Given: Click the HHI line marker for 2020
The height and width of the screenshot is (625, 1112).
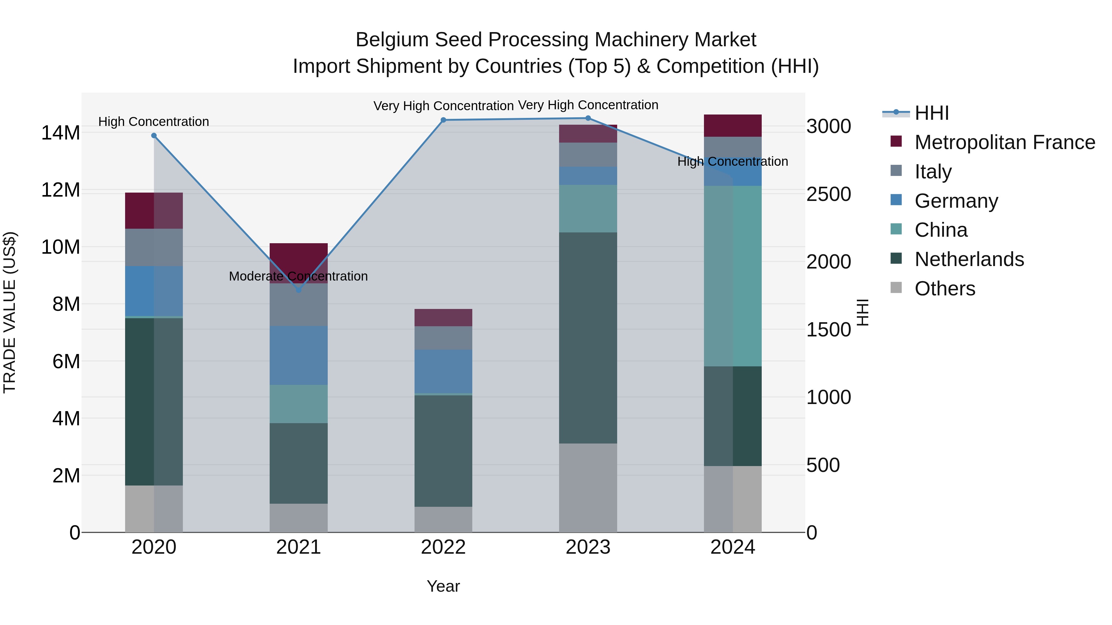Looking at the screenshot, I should (x=154, y=135).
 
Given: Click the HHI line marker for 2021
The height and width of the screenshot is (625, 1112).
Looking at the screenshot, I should (x=298, y=290).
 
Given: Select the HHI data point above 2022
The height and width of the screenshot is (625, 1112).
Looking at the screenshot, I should (x=443, y=120).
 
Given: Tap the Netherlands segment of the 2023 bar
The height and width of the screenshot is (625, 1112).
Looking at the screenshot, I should (x=588, y=338).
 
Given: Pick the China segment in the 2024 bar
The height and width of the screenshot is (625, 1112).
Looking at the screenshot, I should (x=733, y=276).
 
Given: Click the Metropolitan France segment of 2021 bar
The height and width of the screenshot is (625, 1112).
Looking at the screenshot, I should (x=298, y=259).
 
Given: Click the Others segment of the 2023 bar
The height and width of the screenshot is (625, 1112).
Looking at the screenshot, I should (x=588, y=487).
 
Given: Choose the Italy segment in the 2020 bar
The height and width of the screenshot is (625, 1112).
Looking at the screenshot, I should (x=154, y=247).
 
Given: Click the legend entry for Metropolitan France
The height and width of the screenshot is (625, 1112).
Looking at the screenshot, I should (x=1004, y=142).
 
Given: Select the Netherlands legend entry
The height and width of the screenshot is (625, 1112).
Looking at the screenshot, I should (x=969, y=259).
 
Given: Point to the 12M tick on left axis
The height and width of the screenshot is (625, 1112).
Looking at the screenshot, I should (x=61, y=190).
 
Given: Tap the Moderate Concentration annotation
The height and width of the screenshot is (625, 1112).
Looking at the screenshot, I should (x=298, y=276).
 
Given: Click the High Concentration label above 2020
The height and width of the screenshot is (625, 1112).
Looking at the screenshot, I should (x=154, y=122).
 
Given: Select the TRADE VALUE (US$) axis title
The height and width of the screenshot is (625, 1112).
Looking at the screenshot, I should (x=10, y=312).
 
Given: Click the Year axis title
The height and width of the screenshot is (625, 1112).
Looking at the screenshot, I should (x=443, y=586).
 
